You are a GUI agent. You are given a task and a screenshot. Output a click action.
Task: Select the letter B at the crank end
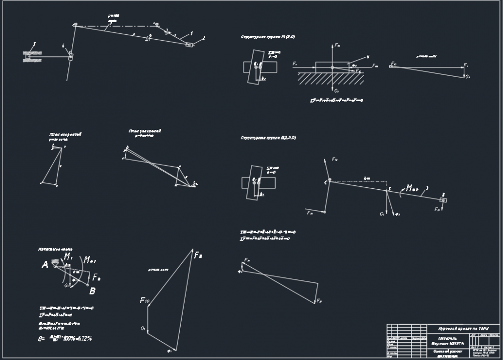[92, 291]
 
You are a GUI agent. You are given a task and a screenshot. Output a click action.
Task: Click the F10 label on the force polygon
[145, 301]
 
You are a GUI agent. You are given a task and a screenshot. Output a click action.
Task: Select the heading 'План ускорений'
[144, 131]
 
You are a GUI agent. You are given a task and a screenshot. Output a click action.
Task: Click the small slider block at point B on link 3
[443, 200]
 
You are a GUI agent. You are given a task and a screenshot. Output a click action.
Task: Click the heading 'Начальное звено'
[55, 249]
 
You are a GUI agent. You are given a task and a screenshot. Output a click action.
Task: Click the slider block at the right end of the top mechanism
[190, 45]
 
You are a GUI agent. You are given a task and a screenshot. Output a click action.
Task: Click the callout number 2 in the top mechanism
[204, 38]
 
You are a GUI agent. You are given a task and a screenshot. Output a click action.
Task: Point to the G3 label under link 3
[382, 214]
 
